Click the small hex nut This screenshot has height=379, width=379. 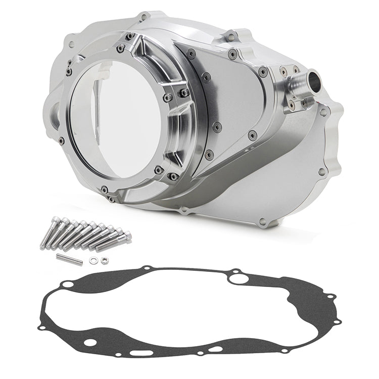104,260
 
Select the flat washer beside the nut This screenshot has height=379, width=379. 93,261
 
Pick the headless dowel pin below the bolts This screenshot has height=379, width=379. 69,259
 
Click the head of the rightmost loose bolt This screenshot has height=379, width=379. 128,235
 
